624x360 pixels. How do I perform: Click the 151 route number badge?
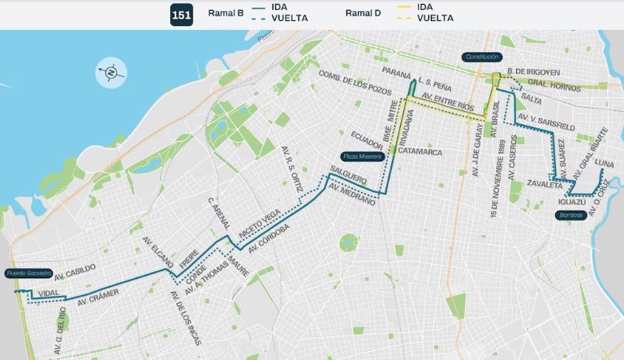[181, 15]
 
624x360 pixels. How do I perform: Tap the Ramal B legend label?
[227, 13]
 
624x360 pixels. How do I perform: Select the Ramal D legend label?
[362, 13]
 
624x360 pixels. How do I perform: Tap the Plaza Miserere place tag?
[361, 156]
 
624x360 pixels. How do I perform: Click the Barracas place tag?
[571, 215]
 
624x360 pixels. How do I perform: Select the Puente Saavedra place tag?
[28, 273]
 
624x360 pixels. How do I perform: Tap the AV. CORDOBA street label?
[269, 238]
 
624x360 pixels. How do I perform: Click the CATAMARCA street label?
[420, 152]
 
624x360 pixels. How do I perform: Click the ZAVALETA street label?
[544, 186]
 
